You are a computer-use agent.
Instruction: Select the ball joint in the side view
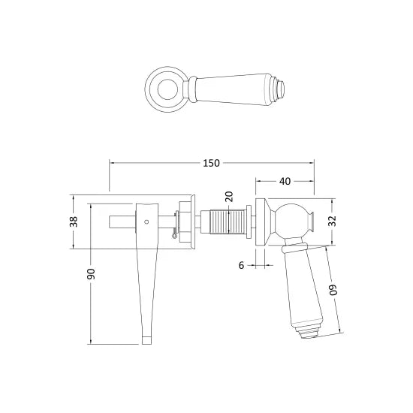tap(292, 222)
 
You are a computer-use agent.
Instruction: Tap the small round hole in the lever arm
tap(146, 222)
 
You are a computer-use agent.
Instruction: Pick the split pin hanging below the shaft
tap(175, 236)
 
